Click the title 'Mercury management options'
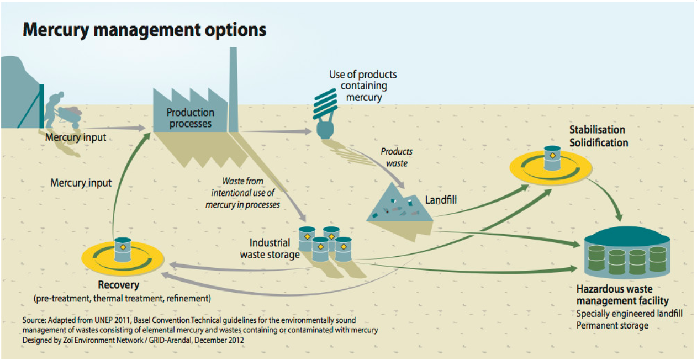pyautogui.click(x=144, y=30)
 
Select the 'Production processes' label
pyautogui.click(x=191, y=118)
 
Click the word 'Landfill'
pyautogui.click(x=441, y=200)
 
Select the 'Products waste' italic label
pyautogui.click(x=397, y=157)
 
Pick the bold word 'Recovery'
pyautogui.click(x=118, y=285)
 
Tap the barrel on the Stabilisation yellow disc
pyautogui.click(x=552, y=158)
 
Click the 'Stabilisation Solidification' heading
pyautogui.click(x=599, y=136)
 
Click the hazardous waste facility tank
pyautogui.click(x=627, y=254)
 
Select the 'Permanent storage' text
pyautogui.click(x=612, y=325)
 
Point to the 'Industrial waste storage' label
pyautogui.click(x=269, y=248)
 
